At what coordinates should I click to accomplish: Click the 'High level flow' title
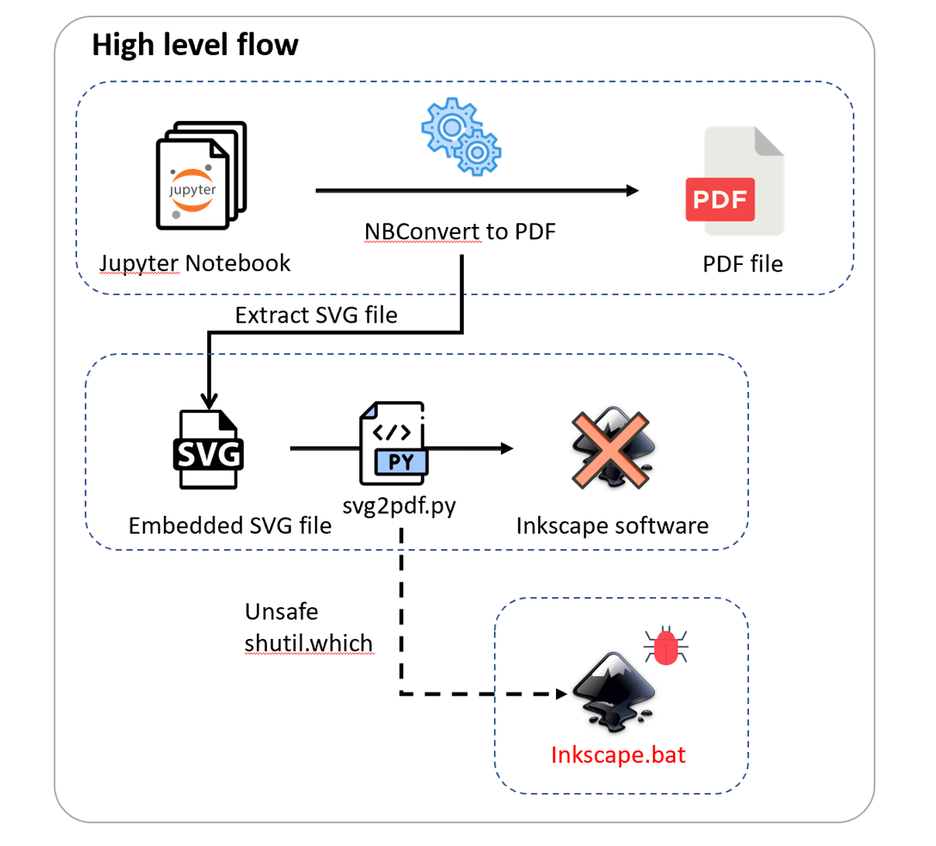click(x=195, y=45)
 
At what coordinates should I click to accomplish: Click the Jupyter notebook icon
click(x=200, y=176)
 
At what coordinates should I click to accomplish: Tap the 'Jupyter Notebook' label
click(x=195, y=263)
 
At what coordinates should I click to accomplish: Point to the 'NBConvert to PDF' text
click(x=460, y=232)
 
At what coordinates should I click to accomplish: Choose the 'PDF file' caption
click(x=743, y=264)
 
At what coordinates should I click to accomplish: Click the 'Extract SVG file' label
click(x=316, y=315)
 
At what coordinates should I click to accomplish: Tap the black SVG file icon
click(x=208, y=450)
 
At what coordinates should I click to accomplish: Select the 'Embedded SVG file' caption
click(x=230, y=525)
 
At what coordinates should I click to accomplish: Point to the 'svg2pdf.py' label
click(x=399, y=506)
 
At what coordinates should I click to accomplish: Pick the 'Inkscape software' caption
click(x=612, y=525)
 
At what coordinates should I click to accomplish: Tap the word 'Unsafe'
click(x=281, y=611)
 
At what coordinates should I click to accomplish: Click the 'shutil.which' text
click(x=308, y=643)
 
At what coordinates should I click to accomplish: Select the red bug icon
click(x=666, y=646)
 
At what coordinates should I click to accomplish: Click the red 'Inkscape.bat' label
click(x=618, y=755)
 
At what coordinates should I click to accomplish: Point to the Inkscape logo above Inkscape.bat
click(x=613, y=691)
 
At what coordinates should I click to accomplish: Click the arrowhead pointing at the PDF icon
click(x=632, y=191)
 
